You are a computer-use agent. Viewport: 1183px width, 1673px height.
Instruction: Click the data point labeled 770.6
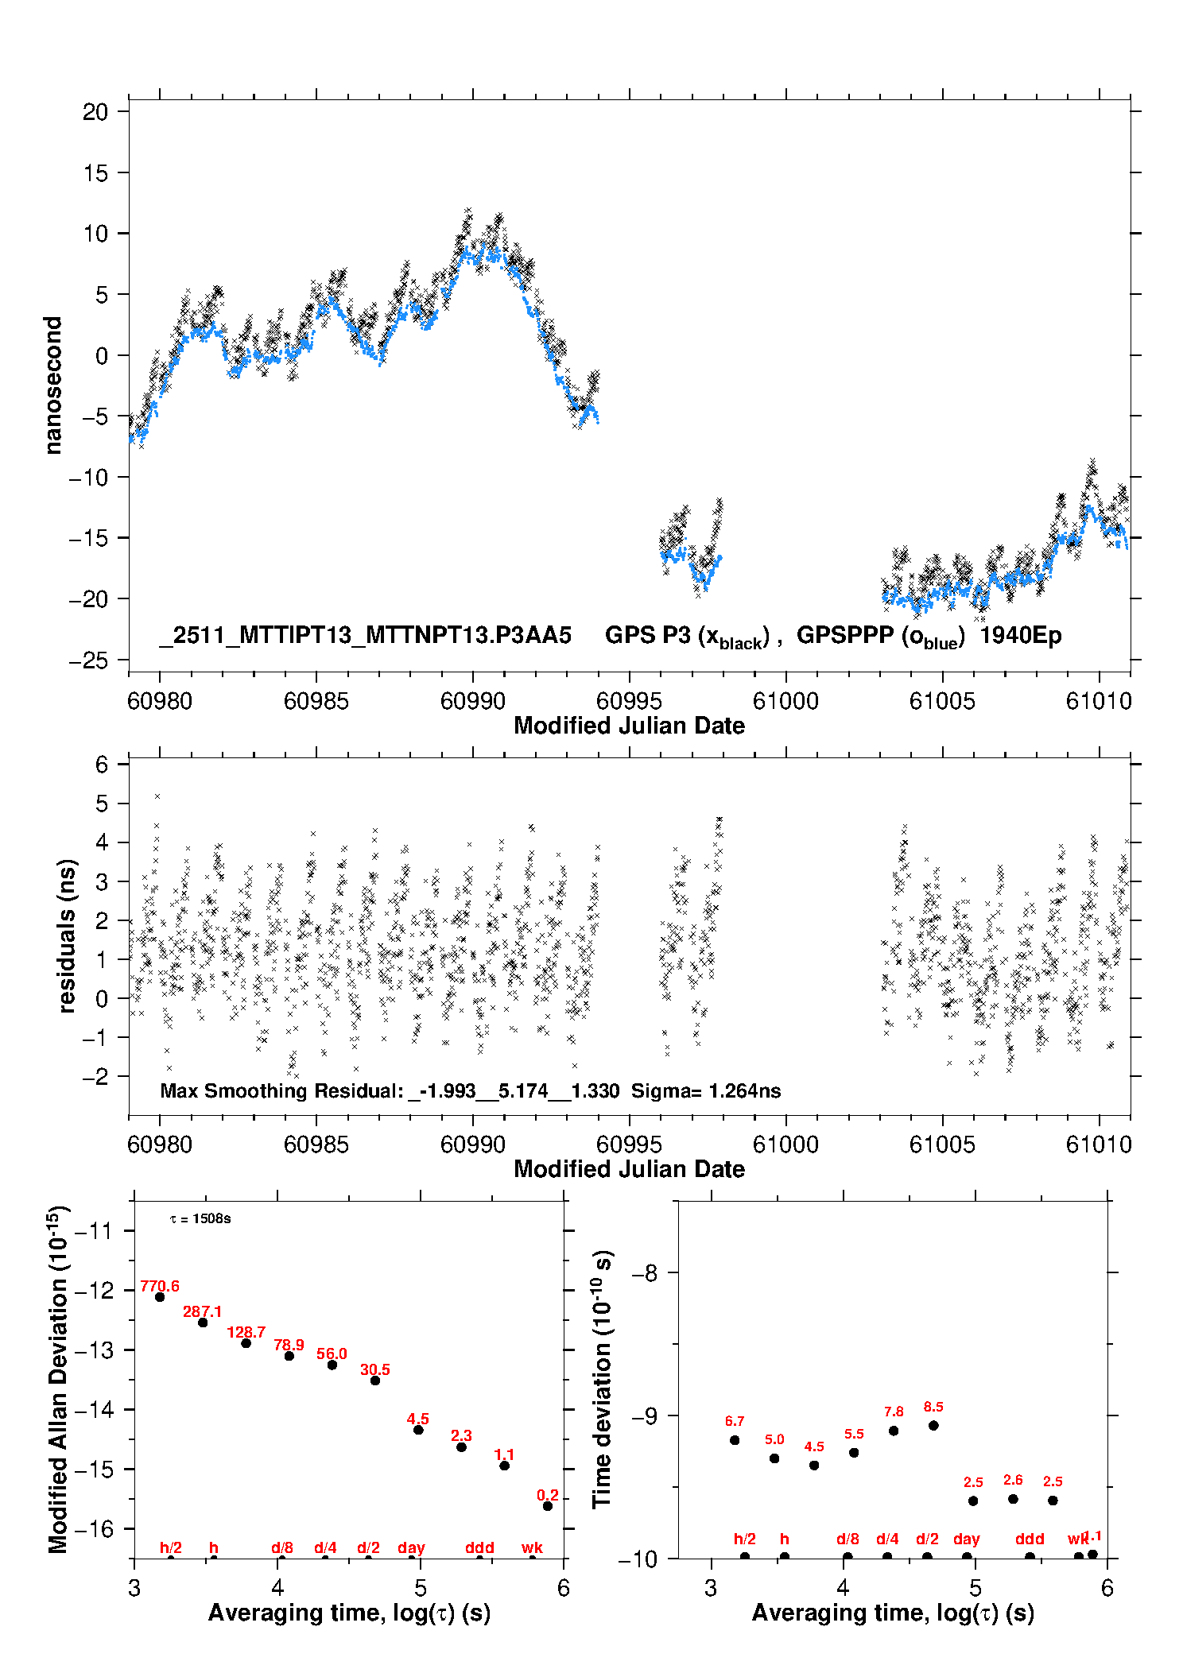(160, 1297)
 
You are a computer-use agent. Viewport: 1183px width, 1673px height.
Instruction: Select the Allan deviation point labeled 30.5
(375, 1381)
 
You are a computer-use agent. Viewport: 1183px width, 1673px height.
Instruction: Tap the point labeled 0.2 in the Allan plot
(548, 1506)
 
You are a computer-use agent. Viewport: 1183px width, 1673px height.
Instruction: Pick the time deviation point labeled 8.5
(933, 1426)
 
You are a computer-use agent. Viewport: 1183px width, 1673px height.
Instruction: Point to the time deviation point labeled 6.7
(735, 1440)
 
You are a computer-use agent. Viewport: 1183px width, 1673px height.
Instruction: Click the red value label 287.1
(202, 1311)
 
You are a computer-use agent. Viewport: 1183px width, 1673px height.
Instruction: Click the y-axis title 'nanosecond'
(52, 385)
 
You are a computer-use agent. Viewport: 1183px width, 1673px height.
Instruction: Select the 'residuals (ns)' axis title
(67, 935)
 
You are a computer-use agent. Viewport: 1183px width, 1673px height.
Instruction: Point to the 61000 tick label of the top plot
(785, 701)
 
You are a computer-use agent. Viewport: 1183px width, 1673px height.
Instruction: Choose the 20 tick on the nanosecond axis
(95, 112)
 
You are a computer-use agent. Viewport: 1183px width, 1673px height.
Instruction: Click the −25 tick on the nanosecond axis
(88, 660)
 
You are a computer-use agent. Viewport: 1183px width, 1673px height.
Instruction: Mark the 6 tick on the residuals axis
(102, 765)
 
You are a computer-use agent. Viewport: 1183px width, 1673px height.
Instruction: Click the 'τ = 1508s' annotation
(200, 1219)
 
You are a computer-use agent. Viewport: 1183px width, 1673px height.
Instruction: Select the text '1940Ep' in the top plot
(1020, 636)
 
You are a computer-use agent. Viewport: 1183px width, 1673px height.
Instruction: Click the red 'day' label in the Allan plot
(411, 1547)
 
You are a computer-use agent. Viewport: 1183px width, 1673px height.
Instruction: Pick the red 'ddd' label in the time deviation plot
(1030, 1539)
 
